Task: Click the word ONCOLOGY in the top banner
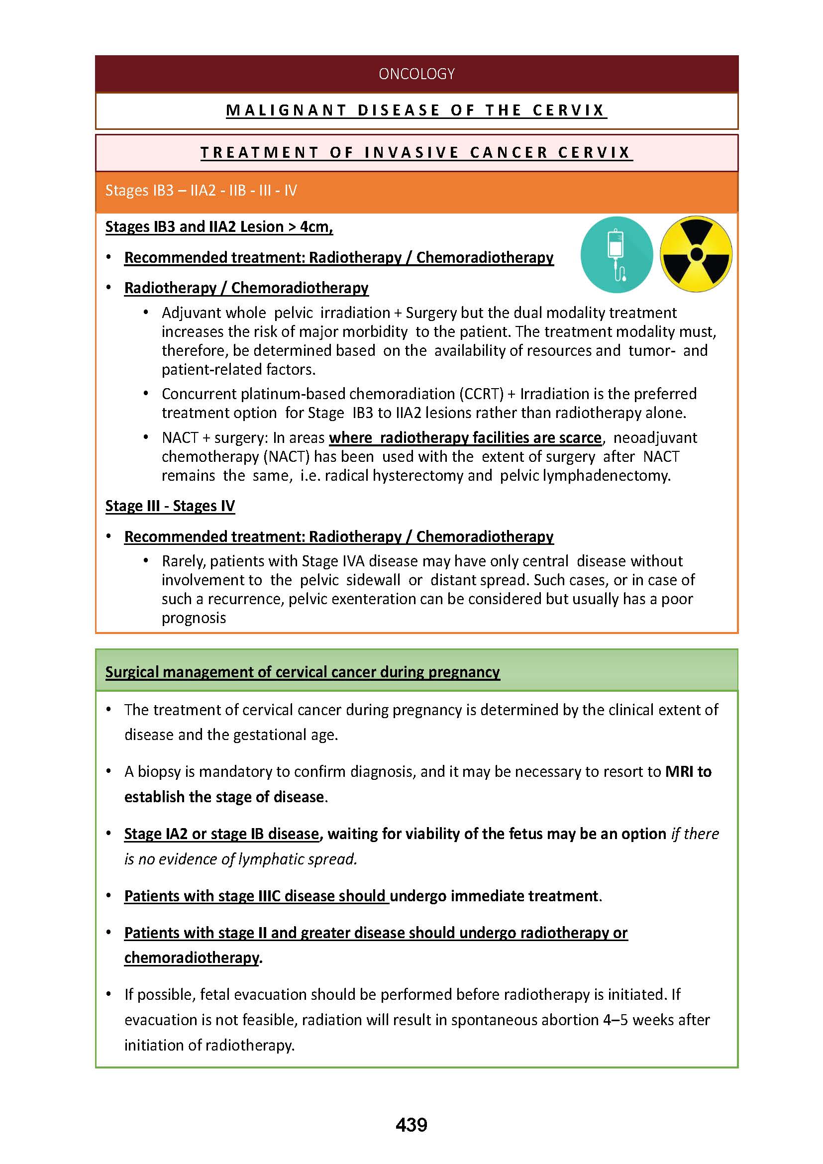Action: pos(416,74)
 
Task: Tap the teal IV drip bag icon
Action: pos(616,254)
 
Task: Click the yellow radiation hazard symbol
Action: pos(696,254)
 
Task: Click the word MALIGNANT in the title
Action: pos(286,110)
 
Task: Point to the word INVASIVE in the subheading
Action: pos(411,153)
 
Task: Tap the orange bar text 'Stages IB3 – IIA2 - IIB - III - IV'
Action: pos(201,191)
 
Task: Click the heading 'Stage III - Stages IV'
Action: pos(170,506)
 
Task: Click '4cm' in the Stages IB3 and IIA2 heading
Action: pos(315,226)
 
